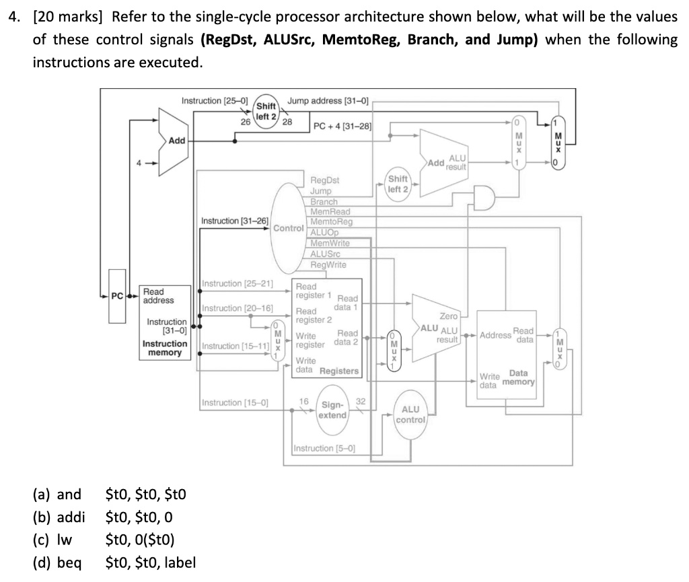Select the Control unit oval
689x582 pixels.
289,227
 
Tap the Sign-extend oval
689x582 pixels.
333,410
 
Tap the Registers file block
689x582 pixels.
328,329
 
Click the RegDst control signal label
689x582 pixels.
325,180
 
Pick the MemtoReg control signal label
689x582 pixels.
331,221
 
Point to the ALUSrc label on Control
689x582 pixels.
326,254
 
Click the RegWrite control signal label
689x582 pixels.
328,264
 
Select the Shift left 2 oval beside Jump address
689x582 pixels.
266,111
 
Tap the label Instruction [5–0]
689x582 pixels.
325,448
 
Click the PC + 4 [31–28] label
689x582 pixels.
342,126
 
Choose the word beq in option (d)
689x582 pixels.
69,562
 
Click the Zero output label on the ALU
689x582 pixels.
448,316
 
